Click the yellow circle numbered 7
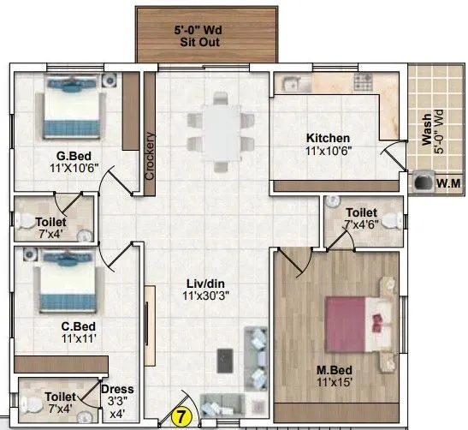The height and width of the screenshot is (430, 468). click(x=181, y=418)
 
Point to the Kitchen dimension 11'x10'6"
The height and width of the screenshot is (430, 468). click(x=329, y=151)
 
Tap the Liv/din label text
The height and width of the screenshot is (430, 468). click(x=206, y=282)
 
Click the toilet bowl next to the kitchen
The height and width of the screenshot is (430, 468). click(x=389, y=220)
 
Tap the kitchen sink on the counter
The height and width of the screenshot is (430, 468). click(x=287, y=83)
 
